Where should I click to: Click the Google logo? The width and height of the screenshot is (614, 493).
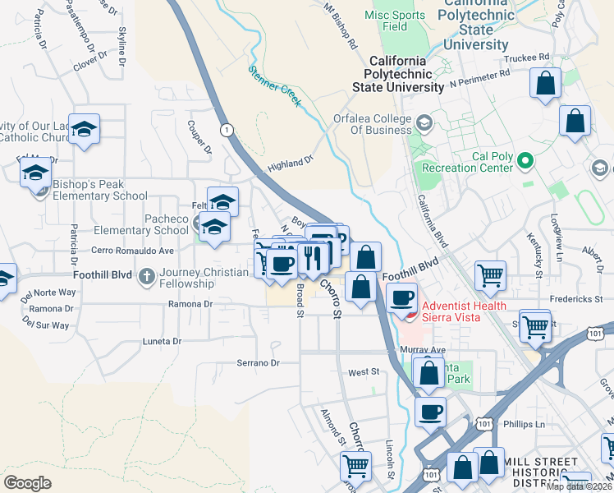tap(28, 483)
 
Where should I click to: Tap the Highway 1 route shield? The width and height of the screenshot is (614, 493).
tap(227, 130)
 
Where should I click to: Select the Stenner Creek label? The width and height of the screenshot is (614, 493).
tap(275, 85)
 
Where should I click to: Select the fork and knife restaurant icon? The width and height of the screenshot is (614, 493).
tap(313, 258)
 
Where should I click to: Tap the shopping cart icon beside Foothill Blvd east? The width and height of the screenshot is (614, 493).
tap(490, 275)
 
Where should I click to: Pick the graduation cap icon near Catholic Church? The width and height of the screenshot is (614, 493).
tap(84, 129)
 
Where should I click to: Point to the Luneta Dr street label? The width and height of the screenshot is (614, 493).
tap(161, 340)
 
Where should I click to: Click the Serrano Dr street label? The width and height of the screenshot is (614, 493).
tap(258, 362)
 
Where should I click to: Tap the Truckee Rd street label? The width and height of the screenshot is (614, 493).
tap(529, 58)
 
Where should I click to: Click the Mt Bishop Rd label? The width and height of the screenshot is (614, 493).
tap(341, 26)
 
